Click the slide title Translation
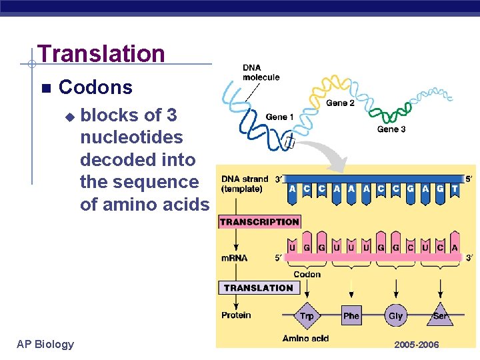pos(101,53)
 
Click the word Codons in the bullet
pos(95,87)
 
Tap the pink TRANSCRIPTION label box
pos(259,222)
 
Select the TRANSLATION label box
pos(258,288)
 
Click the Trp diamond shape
pos(307,315)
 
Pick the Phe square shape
pos(351,315)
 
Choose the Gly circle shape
pos(396,315)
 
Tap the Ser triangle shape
pos(440,315)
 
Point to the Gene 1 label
pos(280,117)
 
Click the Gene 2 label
pos(340,103)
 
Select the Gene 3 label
pos(391,129)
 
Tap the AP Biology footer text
pos(45,344)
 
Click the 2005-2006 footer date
pos(417,345)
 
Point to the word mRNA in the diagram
pos(235,258)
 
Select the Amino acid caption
pos(305,338)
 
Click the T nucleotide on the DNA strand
pos(455,189)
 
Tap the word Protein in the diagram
pos(236,315)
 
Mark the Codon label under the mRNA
pos(307,274)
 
